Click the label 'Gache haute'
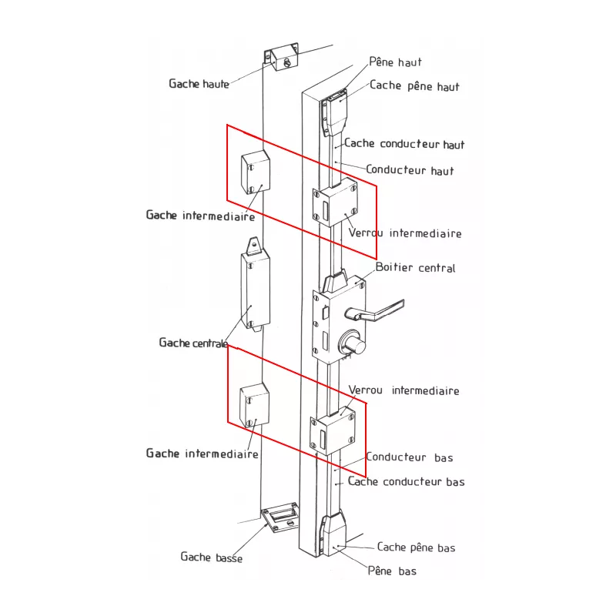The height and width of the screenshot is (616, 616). [199, 84]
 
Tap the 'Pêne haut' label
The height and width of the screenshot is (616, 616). [395, 62]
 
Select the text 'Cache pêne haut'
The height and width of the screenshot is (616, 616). [414, 86]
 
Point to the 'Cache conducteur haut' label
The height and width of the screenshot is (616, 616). [404, 143]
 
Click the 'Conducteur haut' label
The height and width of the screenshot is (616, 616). [410, 169]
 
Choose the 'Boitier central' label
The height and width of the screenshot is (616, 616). [415, 267]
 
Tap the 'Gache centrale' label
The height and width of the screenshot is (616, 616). [193, 343]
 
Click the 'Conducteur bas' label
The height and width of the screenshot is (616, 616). [410, 457]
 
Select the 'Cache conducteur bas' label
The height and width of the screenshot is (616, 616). [407, 482]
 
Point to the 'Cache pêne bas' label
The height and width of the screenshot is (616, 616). [416, 547]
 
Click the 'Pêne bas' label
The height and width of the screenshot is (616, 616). [392, 571]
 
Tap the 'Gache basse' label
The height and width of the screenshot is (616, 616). [211, 557]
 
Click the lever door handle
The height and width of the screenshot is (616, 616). [374, 311]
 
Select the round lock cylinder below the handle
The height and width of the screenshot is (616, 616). [353, 343]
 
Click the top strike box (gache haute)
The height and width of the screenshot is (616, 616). [281, 57]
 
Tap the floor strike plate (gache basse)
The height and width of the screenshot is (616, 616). [280, 517]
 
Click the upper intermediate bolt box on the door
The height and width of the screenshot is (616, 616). [335, 203]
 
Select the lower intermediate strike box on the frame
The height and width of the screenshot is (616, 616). [255, 406]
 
